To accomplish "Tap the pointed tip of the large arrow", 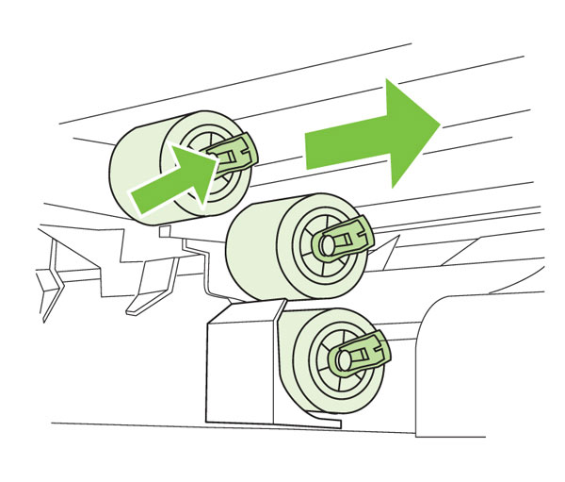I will (x=440, y=123).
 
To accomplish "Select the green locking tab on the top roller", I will (x=237, y=150).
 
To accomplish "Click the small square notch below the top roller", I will (x=166, y=229).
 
